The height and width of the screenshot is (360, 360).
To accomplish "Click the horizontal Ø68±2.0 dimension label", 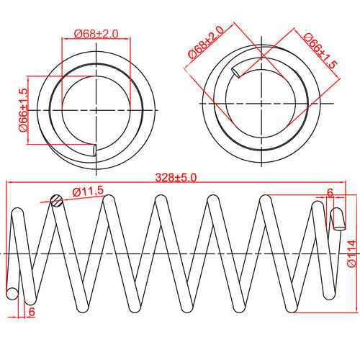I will point(96,34).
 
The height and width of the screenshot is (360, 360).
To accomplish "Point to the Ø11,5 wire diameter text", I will point(89,191).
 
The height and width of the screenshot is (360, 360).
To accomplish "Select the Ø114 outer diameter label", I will point(350,254).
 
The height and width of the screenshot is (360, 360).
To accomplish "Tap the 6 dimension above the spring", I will point(330,193).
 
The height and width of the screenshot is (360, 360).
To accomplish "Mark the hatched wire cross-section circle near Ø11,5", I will point(58,201).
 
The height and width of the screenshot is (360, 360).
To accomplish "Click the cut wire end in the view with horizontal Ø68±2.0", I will point(95,150).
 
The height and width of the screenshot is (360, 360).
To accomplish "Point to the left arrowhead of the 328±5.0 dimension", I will point(9,183).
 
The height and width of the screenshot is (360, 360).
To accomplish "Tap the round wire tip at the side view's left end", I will point(12,294).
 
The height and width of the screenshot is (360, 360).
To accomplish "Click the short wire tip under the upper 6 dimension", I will point(336,218).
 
